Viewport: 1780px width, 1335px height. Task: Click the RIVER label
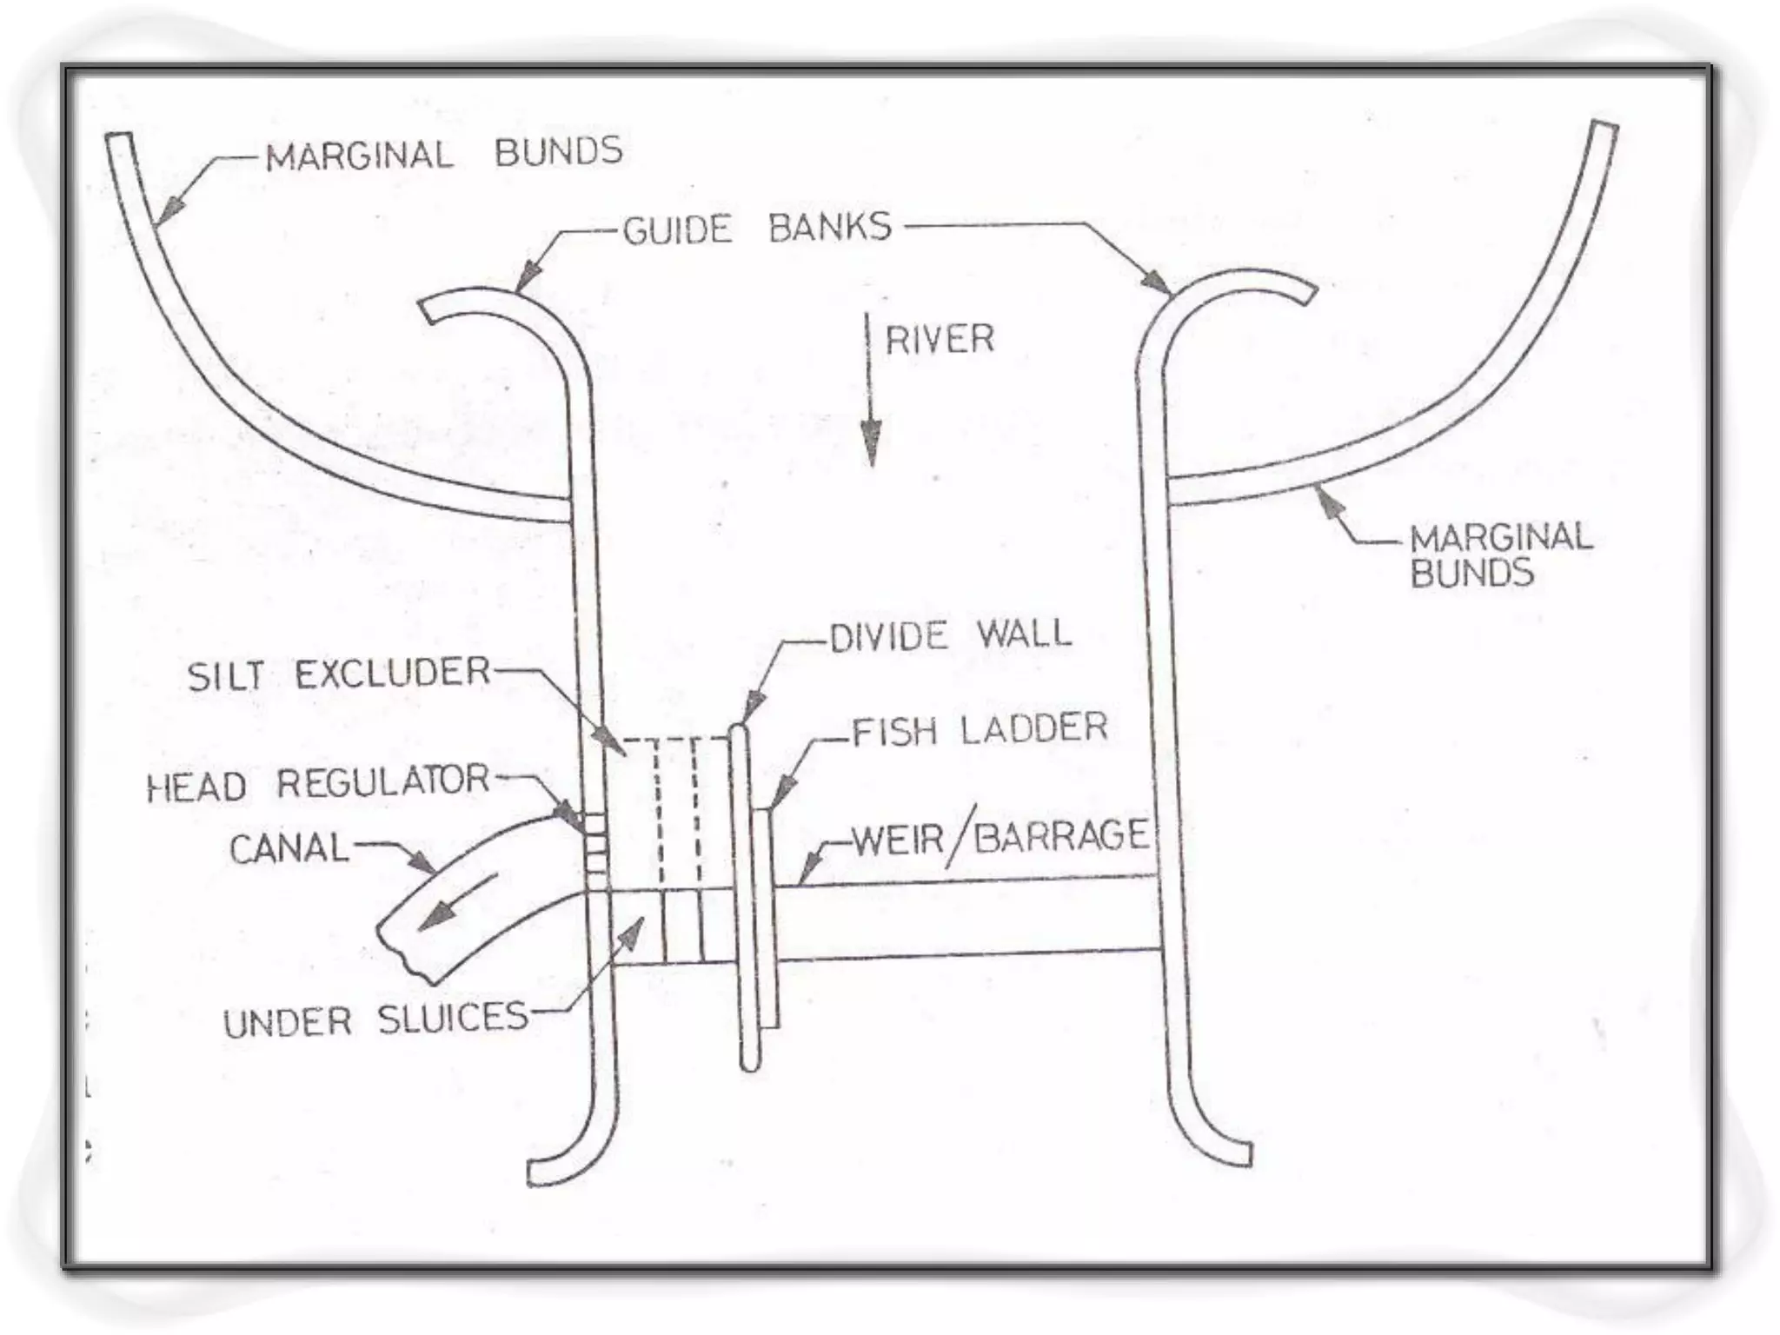[x=940, y=339]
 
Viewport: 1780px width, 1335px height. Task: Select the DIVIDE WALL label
[x=950, y=635]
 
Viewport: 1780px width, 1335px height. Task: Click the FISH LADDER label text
[x=980, y=729]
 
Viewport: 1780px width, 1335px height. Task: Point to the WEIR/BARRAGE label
[x=1000, y=837]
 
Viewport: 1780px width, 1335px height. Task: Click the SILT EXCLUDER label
[x=339, y=674]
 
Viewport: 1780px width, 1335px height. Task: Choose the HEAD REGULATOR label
[x=318, y=783]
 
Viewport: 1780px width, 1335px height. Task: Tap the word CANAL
[x=289, y=847]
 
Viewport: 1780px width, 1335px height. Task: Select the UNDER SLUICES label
[x=375, y=1020]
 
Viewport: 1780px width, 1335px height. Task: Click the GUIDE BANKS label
[x=757, y=229]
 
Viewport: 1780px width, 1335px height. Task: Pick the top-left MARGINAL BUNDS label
[x=443, y=154]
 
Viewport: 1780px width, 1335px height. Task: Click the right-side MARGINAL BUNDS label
[x=1501, y=555]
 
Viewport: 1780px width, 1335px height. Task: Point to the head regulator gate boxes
[x=595, y=843]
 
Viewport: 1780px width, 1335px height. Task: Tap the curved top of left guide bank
[x=487, y=300]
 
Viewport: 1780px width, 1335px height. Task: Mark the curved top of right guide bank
[x=1243, y=282]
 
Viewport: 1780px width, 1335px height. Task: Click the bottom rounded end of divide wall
[x=749, y=1062]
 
